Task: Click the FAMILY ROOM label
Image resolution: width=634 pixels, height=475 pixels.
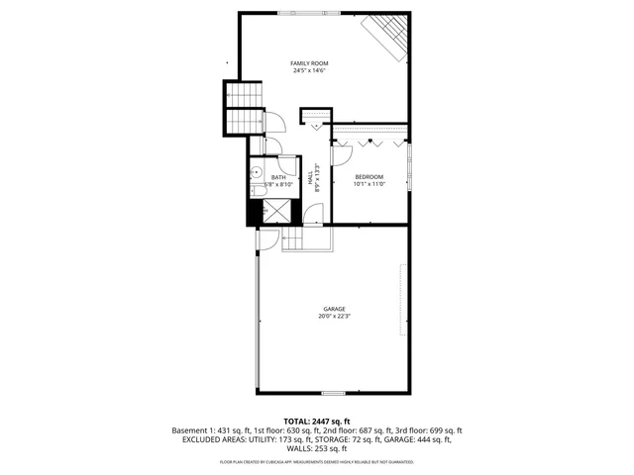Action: point(309,63)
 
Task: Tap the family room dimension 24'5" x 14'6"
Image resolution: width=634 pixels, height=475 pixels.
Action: point(309,71)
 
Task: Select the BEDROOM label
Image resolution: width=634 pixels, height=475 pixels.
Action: point(369,176)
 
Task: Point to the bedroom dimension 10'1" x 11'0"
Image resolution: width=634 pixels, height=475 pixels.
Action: point(369,184)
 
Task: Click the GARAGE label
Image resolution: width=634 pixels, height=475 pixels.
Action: point(334,309)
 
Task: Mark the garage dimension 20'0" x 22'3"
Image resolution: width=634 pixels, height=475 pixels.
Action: point(334,317)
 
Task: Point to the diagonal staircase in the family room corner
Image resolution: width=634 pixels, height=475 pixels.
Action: point(387,36)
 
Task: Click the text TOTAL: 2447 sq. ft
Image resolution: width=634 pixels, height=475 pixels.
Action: point(317,422)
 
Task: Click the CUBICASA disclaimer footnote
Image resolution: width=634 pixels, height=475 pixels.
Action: point(317,461)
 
